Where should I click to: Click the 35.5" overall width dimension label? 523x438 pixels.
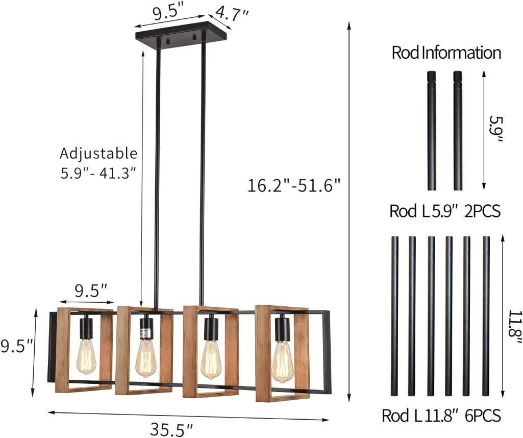(x=171, y=428)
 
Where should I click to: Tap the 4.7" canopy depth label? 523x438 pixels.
(x=232, y=13)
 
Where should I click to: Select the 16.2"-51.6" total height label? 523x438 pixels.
(x=294, y=185)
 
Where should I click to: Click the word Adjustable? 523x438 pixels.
(x=98, y=154)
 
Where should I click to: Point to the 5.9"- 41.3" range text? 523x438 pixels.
(x=98, y=173)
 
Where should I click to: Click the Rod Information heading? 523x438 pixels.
(x=446, y=53)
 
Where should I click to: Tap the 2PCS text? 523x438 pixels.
(x=482, y=211)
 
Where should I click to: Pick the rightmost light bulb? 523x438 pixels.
(x=283, y=361)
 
